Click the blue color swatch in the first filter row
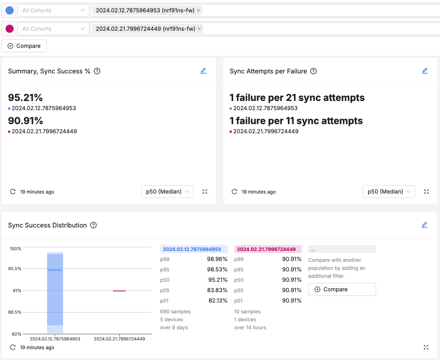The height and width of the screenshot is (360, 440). pyautogui.click(x=10, y=10)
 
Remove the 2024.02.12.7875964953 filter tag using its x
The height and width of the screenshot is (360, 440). pyautogui.click(x=198, y=10)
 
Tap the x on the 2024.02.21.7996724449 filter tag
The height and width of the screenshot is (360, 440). pyautogui.click(x=199, y=29)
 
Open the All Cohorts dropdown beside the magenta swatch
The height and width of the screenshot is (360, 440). pyautogui.click(x=53, y=29)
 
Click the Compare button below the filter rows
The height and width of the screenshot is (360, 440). pyautogui.click(x=24, y=46)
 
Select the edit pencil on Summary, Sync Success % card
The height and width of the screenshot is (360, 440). pyautogui.click(x=203, y=71)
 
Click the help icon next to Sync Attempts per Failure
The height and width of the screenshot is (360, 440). pyautogui.click(x=313, y=71)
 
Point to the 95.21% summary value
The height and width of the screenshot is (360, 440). pyautogui.click(x=25, y=98)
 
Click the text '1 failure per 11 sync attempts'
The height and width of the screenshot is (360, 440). pyautogui.click(x=296, y=121)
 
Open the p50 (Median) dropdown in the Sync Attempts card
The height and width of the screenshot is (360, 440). pyautogui.click(x=388, y=192)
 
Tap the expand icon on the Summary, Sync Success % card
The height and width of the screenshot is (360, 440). pyautogui.click(x=205, y=192)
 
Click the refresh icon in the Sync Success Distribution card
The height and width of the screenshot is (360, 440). pyautogui.click(x=13, y=347)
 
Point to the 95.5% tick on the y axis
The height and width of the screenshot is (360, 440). pyautogui.click(x=15, y=269)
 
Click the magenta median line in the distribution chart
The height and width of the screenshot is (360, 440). pyautogui.click(x=119, y=291)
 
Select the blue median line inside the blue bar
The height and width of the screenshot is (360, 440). pyautogui.click(x=55, y=270)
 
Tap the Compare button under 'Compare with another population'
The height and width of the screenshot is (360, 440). pyautogui.click(x=342, y=289)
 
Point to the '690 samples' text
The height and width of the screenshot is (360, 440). pyautogui.click(x=175, y=311)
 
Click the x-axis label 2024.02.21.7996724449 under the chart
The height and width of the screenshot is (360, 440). pyautogui.click(x=119, y=339)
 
